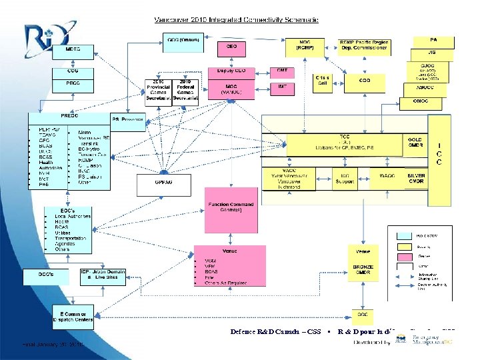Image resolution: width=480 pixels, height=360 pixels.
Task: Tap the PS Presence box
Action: coord(128,121)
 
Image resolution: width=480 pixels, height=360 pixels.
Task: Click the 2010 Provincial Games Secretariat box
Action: coord(158,93)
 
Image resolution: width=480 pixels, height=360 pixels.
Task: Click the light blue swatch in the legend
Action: coord(404,235)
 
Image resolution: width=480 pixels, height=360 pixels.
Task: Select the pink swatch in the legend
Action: coord(404,255)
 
